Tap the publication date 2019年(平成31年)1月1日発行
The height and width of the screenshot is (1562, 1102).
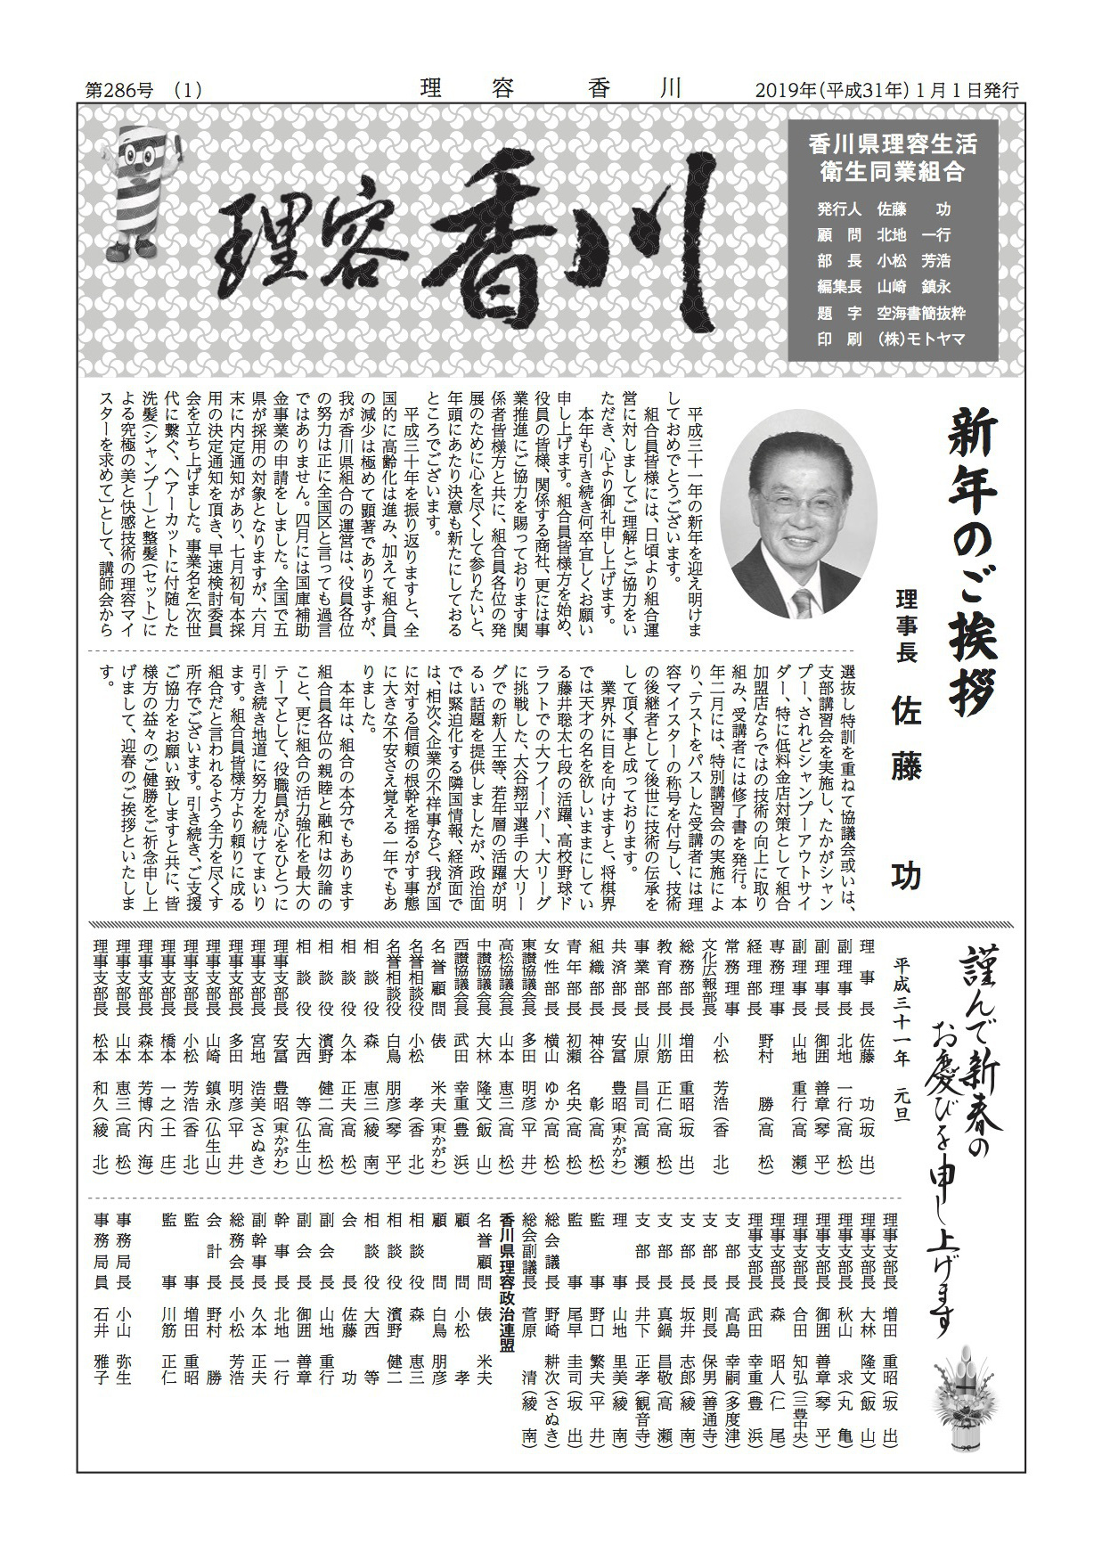[886, 90]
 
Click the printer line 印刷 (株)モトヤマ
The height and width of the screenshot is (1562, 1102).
[890, 339]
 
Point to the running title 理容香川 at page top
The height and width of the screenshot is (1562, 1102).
[550, 88]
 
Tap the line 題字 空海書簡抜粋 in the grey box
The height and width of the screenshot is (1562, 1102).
[890, 313]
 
